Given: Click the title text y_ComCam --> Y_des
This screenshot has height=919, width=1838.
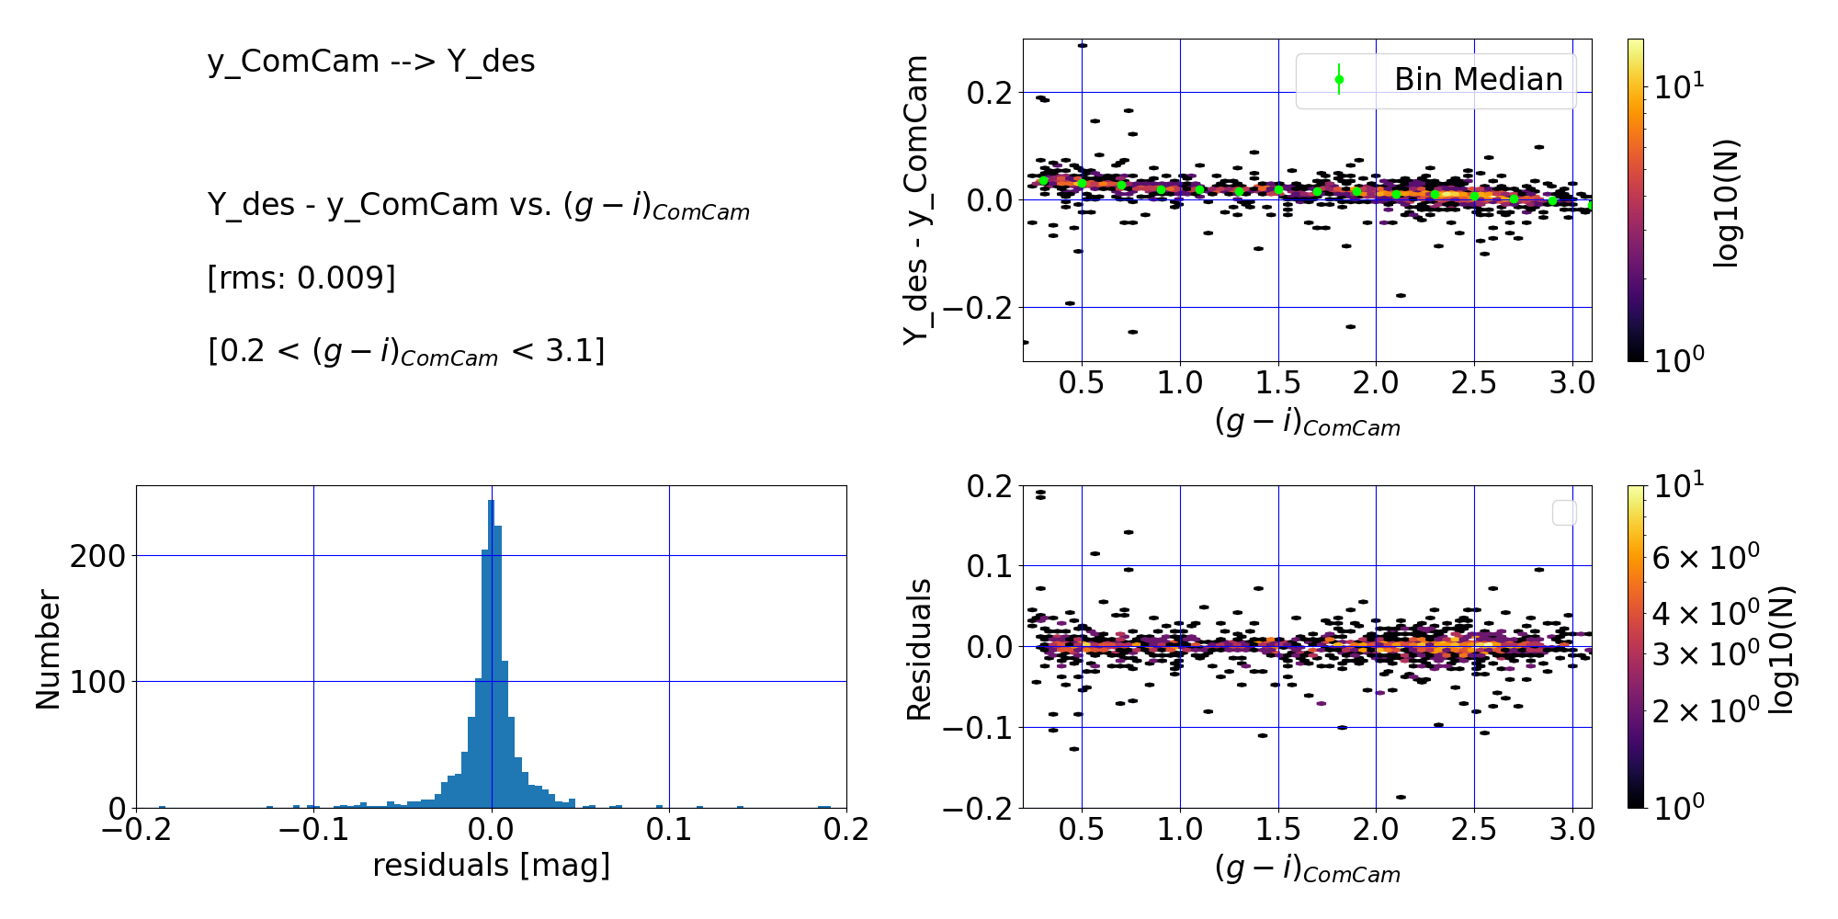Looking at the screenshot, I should tap(370, 62).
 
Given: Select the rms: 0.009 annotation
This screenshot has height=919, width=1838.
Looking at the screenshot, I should tap(301, 278).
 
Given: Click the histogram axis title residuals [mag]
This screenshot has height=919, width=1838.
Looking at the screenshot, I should tap(491, 866).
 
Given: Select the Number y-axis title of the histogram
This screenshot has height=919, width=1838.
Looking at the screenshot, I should tap(48, 649).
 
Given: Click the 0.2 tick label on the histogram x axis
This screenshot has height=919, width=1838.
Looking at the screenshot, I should tap(845, 830).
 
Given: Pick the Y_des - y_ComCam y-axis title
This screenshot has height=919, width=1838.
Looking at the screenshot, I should tap(916, 199).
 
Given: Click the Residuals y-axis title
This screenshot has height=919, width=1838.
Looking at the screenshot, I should tap(918, 649).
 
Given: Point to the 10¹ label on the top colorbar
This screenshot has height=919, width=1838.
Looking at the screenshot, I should tap(1678, 87).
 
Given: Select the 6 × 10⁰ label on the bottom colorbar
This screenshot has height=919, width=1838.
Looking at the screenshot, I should tap(1706, 557).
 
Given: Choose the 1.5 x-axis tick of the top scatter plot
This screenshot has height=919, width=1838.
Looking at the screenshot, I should tap(1278, 382).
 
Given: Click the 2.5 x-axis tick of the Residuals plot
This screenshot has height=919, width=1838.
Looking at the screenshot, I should tap(1474, 830).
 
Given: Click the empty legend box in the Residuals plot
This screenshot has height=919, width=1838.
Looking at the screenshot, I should tap(1564, 513).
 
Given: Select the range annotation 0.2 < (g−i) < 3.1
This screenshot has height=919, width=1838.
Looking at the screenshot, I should tap(406, 352).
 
